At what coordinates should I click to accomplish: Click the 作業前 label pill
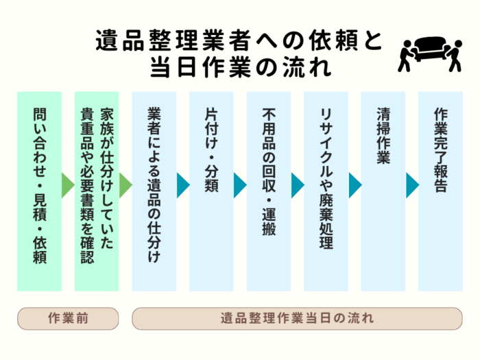[x=69, y=318]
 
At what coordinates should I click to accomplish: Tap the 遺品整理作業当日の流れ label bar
[x=297, y=318]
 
